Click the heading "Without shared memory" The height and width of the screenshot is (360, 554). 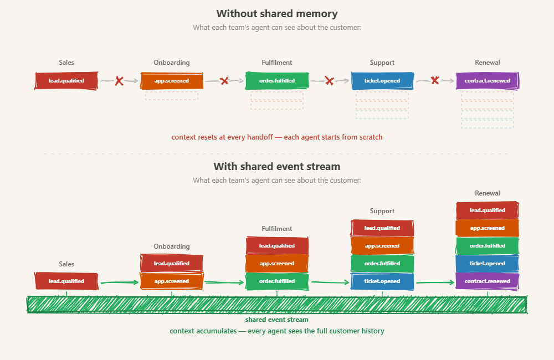[x=277, y=14]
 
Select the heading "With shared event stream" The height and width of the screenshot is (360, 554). [x=277, y=166]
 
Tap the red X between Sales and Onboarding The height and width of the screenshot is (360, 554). [x=119, y=81]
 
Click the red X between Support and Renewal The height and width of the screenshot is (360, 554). [x=435, y=81]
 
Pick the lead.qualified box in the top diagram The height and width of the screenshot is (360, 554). [x=66, y=81]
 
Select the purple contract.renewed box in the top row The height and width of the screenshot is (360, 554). [x=488, y=81]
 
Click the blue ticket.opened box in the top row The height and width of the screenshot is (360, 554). [x=382, y=81]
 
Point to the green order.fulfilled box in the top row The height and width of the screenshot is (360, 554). [x=277, y=81]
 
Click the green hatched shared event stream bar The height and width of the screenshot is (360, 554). [x=277, y=305]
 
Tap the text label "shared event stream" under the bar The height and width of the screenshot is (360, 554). [x=277, y=320]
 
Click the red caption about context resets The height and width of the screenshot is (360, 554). [x=277, y=137]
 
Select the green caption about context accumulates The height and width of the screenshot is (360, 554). [x=277, y=331]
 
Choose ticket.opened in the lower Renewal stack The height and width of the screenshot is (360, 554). [x=488, y=264]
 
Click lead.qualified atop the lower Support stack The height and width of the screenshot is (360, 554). [x=382, y=228]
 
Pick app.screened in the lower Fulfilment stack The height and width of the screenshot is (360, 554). [x=277, y=264]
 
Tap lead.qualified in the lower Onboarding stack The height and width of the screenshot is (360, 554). [x=172, y=264]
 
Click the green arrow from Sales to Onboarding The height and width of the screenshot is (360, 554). [x=119, y=282]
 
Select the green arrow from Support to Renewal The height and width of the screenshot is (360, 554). [x=435, y=282]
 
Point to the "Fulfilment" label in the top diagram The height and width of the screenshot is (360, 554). [x=277, y=63]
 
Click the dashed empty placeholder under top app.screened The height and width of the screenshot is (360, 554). [x=172, y=95]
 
